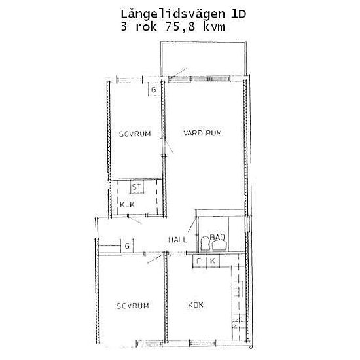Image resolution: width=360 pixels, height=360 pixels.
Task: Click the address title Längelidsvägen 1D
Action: (183, 14)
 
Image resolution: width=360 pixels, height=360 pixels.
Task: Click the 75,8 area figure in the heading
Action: (180, 27)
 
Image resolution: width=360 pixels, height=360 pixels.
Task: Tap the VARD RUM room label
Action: (202, 133)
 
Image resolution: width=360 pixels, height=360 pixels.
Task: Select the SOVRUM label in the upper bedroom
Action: (135, 134)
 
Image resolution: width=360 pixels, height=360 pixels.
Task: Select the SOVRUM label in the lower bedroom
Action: (132, 306)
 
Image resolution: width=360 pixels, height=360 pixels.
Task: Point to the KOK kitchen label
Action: (196, 305)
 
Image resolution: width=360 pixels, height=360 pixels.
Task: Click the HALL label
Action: (177, 240)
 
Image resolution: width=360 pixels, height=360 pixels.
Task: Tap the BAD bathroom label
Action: (217, 237)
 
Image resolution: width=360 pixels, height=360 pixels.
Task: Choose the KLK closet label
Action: (127, 205)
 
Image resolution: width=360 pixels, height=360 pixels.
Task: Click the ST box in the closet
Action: (137, 187)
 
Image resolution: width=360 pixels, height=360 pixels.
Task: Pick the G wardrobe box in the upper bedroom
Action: (154, 90)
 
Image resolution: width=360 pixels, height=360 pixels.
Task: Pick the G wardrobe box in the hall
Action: (127, 246)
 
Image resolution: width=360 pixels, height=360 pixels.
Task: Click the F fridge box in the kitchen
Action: (199, 261)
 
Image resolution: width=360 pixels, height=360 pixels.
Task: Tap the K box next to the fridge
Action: (213, 261)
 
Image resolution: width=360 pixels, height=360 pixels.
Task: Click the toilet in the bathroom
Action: (205, 243)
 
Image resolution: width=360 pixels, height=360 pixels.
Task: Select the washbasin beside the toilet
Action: (219, 245)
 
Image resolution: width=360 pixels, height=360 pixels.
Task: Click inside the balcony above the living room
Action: (204, 58)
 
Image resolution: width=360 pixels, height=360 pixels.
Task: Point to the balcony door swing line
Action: (178, 73)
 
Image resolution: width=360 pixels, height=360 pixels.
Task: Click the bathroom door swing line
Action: (192, 226)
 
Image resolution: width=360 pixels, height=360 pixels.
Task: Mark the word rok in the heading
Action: (146, 27)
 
